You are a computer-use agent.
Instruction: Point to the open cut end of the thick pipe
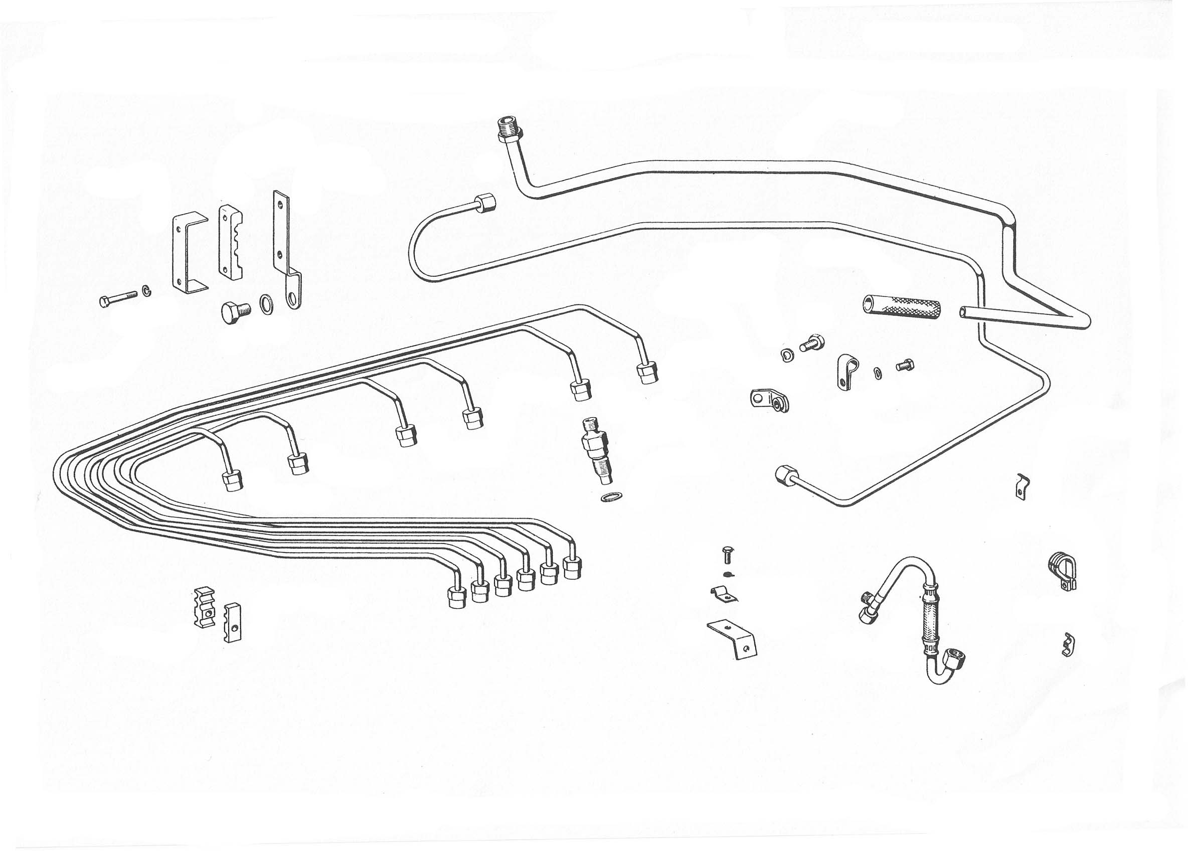(964, 312)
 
